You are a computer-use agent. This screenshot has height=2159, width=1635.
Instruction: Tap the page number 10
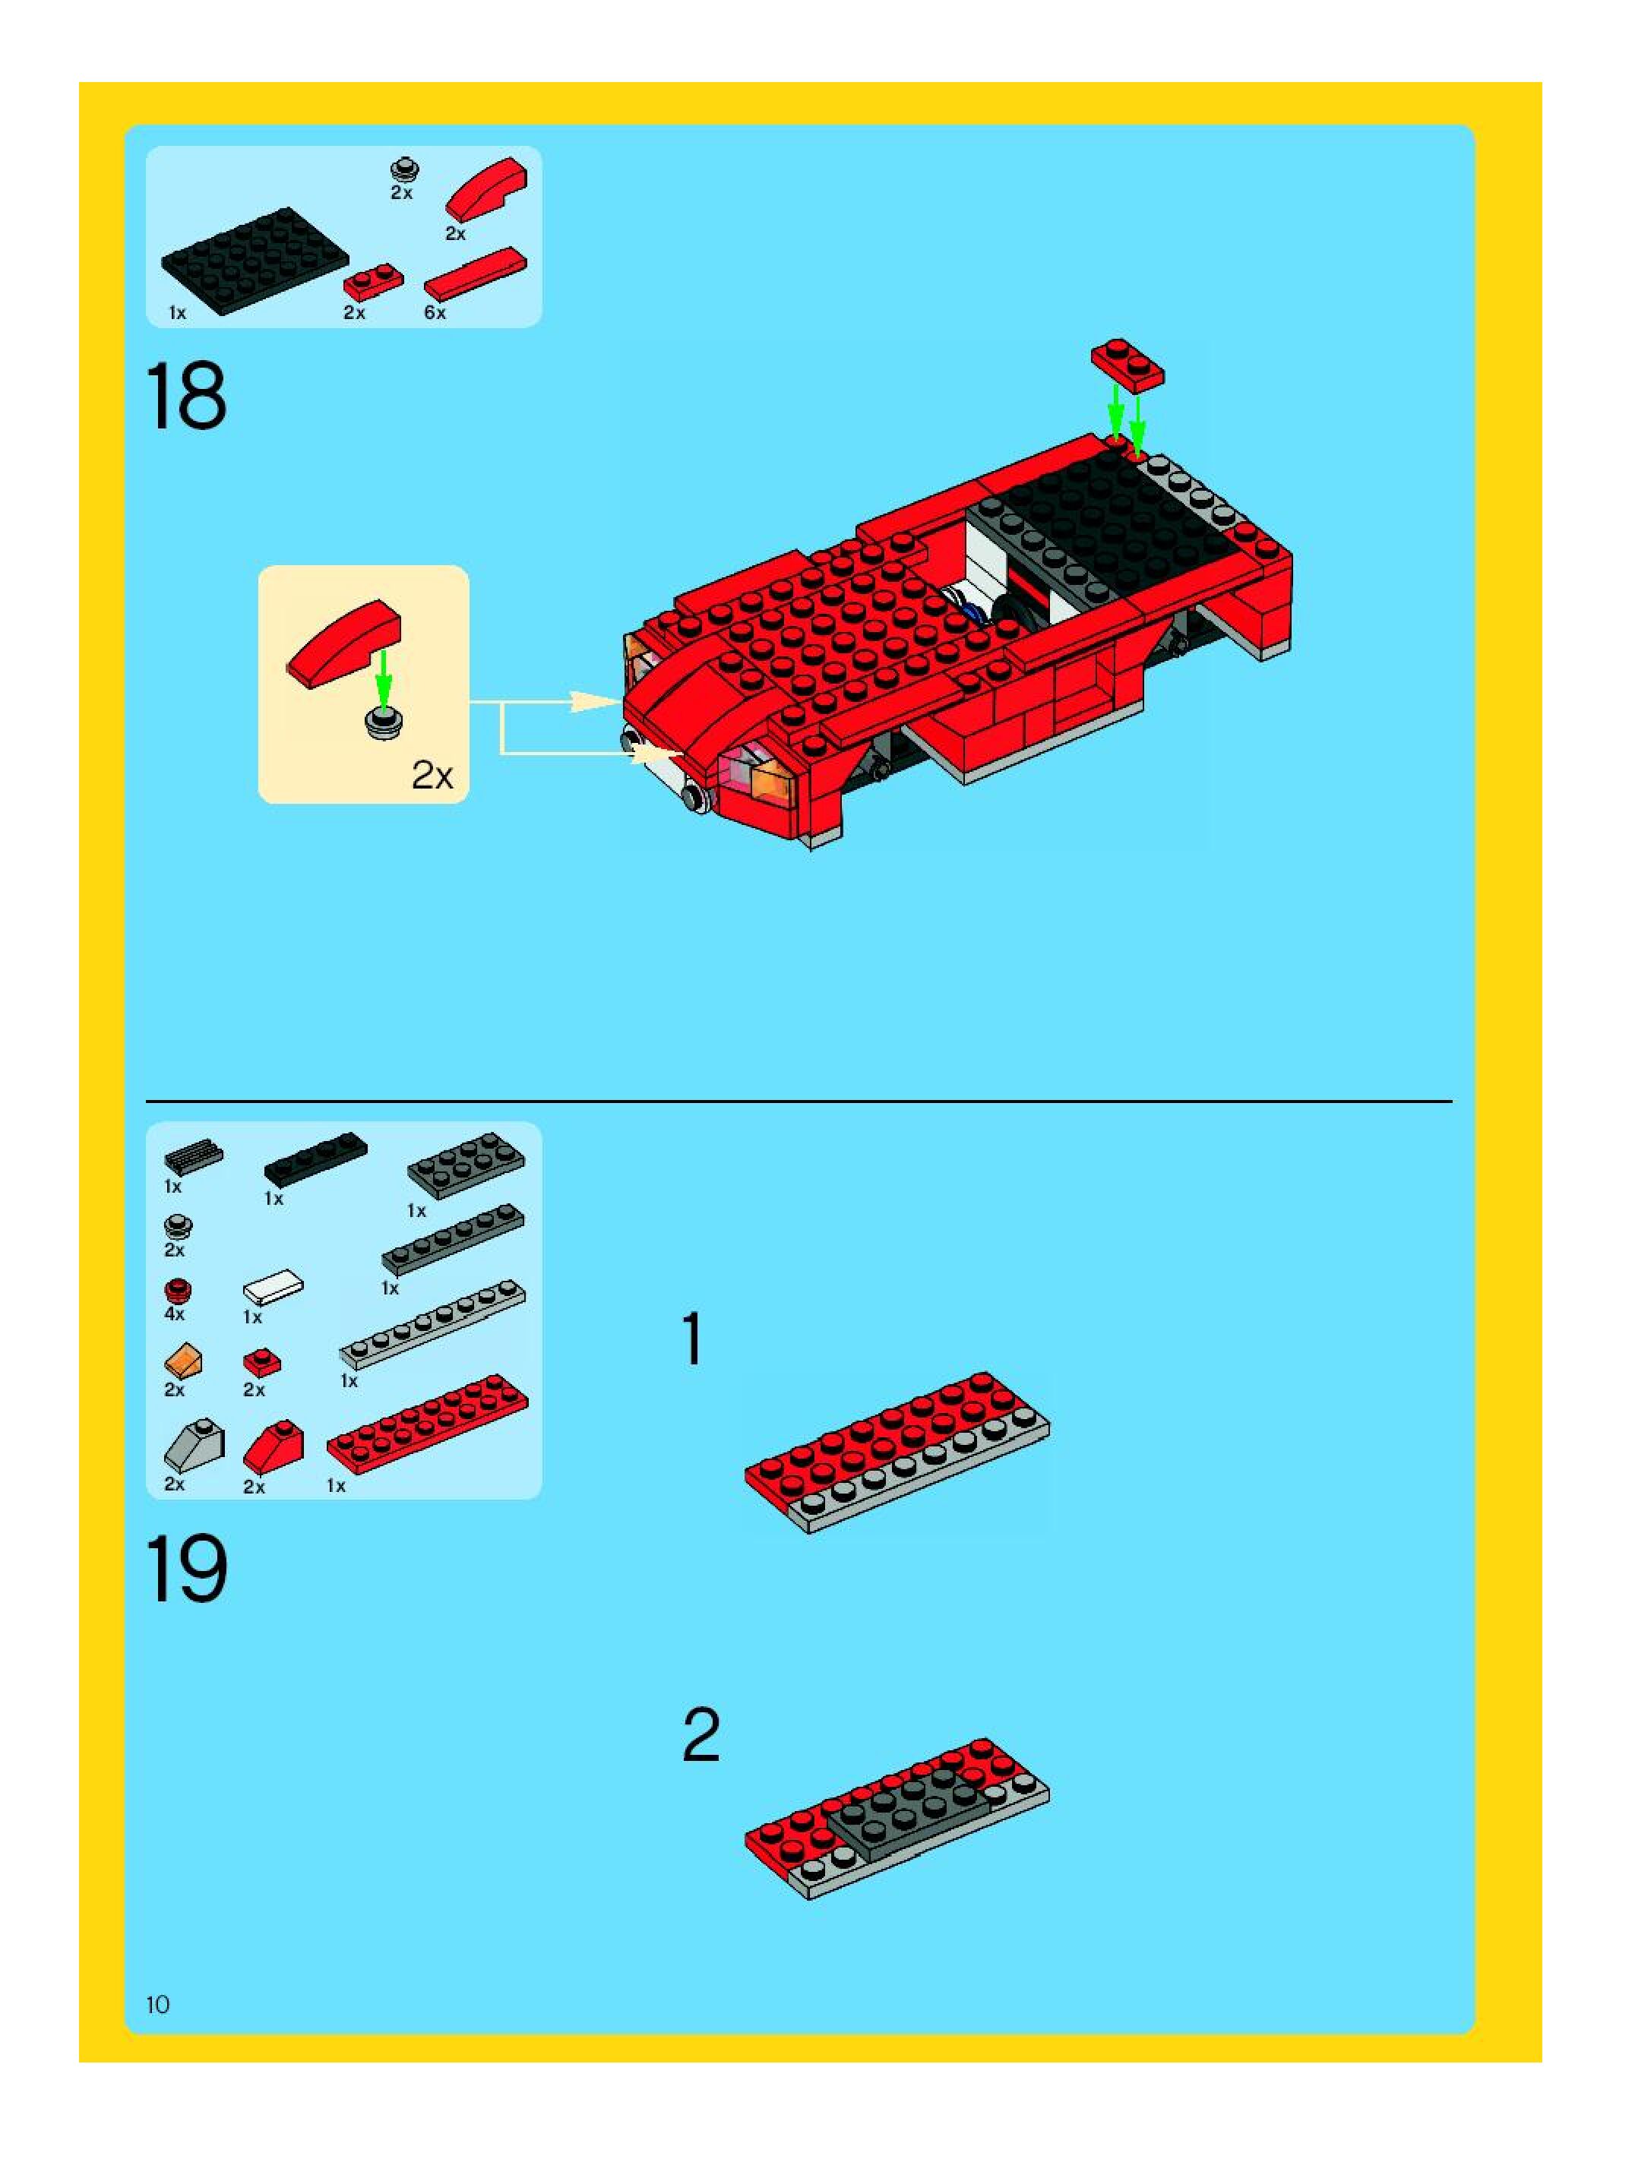(157, 2005)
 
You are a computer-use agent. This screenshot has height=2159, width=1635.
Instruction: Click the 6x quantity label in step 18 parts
(435, 312)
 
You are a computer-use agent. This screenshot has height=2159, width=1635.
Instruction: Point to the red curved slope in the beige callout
(343, 643)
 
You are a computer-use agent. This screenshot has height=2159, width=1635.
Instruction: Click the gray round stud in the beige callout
(384, 723)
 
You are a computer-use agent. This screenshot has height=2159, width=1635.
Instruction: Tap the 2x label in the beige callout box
(432, 775)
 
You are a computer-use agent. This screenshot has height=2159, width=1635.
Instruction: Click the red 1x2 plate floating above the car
(1127, 365)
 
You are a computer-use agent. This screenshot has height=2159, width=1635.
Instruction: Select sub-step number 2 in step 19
(700, 1734)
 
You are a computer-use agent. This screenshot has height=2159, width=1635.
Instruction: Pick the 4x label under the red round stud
(175, 1313)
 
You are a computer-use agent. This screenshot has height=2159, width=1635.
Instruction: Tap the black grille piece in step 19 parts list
(193, 1156)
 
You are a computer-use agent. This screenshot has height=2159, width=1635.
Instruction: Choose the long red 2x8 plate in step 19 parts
(428, 1424)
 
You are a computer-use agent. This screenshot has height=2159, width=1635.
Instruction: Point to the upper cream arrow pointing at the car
(545, 702)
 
